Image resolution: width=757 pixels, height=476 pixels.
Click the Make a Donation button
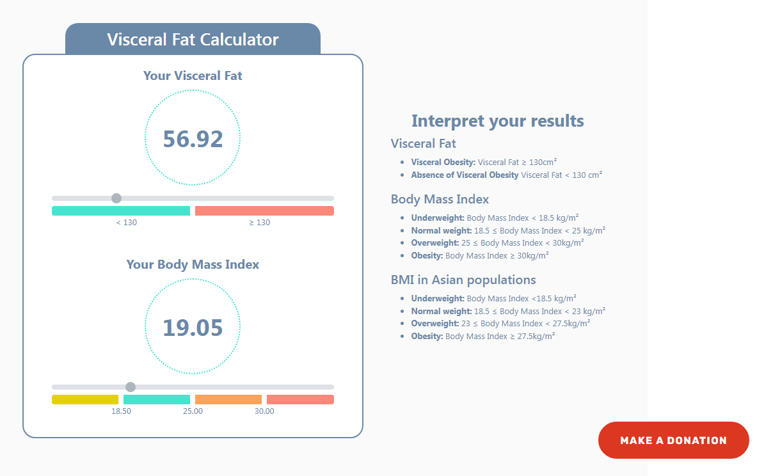[x=673, y=440]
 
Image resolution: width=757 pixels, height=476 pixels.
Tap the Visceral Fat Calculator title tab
[x=193, y=40]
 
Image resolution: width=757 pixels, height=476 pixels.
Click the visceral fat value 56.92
[x=193, y=139]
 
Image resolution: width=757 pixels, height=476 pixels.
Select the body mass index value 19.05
[x=193, y=328]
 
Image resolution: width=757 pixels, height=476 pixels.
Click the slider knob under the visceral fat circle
[x=116, y=198]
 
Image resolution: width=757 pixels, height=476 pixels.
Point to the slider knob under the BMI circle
[x=131, y=387]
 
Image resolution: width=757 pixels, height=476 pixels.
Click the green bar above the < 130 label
[x=121, y=210]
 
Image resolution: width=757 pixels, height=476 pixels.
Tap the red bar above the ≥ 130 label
[x=264, y=210]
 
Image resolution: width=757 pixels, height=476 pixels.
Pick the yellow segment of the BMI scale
[x=85, y=399]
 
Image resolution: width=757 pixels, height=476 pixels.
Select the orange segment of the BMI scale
[x=228, y=399]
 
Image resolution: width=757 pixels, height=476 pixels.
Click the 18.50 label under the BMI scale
[x=121, y=411]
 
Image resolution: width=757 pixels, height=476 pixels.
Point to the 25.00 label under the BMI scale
[x=193, y=411]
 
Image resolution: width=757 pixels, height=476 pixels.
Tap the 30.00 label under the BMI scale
[x=264, y=411]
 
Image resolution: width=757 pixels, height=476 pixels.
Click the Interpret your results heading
[x=497, y=121]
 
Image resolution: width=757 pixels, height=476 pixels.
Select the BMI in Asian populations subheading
[x=463, y=280]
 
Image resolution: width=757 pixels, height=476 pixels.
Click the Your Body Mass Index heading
[x=193, y=264]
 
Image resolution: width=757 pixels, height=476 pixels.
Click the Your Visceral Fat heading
[x=193, y=75]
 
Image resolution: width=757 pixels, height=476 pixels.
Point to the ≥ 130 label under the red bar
[x=259, y=223]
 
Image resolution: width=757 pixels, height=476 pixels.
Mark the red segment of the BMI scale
[x=300, y=399]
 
